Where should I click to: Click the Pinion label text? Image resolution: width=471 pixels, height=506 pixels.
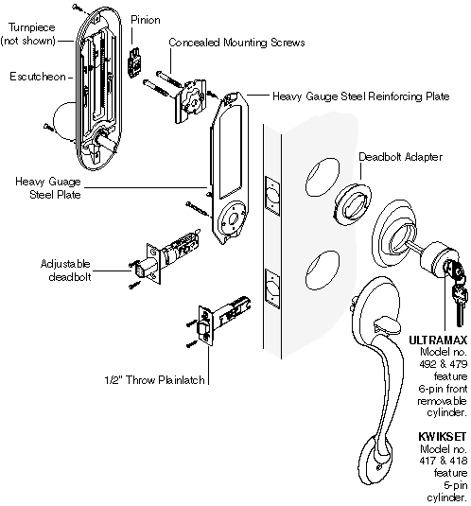click(145, 20)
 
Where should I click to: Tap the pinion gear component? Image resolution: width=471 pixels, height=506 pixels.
click(135, 63)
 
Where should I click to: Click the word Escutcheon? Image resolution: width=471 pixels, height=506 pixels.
click(38, 77)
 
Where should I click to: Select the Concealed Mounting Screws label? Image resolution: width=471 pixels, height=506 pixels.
click(236, 43)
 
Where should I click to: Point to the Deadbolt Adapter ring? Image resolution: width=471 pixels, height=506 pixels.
click(352, 203)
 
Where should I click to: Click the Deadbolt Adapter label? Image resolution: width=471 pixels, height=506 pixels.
click(400, 157)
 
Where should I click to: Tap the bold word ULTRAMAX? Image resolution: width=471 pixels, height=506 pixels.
click(438, 340)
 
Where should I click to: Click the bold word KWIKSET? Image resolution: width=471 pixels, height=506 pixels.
click(443, 437)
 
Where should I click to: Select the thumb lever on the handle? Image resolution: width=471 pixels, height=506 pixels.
click(387, 326)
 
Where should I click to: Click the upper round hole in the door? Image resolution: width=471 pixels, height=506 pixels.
click(323, 177)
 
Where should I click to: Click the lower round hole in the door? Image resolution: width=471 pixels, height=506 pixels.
click(323, 270)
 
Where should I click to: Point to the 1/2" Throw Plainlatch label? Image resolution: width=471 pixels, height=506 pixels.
click(154, 380)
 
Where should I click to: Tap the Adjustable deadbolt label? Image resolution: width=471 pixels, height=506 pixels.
click(66, 270)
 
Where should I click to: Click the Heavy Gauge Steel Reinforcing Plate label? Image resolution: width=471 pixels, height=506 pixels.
click(360, 96)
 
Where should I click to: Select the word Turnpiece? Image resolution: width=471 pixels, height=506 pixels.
click(31, 27)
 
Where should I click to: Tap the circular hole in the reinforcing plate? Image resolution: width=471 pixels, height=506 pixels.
click(233, 219)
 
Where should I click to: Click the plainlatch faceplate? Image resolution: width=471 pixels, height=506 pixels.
click(206, 325)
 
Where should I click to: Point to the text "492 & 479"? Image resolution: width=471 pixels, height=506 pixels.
click(443, 364)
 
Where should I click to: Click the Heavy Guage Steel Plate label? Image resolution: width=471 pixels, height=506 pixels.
click(48, 188)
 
